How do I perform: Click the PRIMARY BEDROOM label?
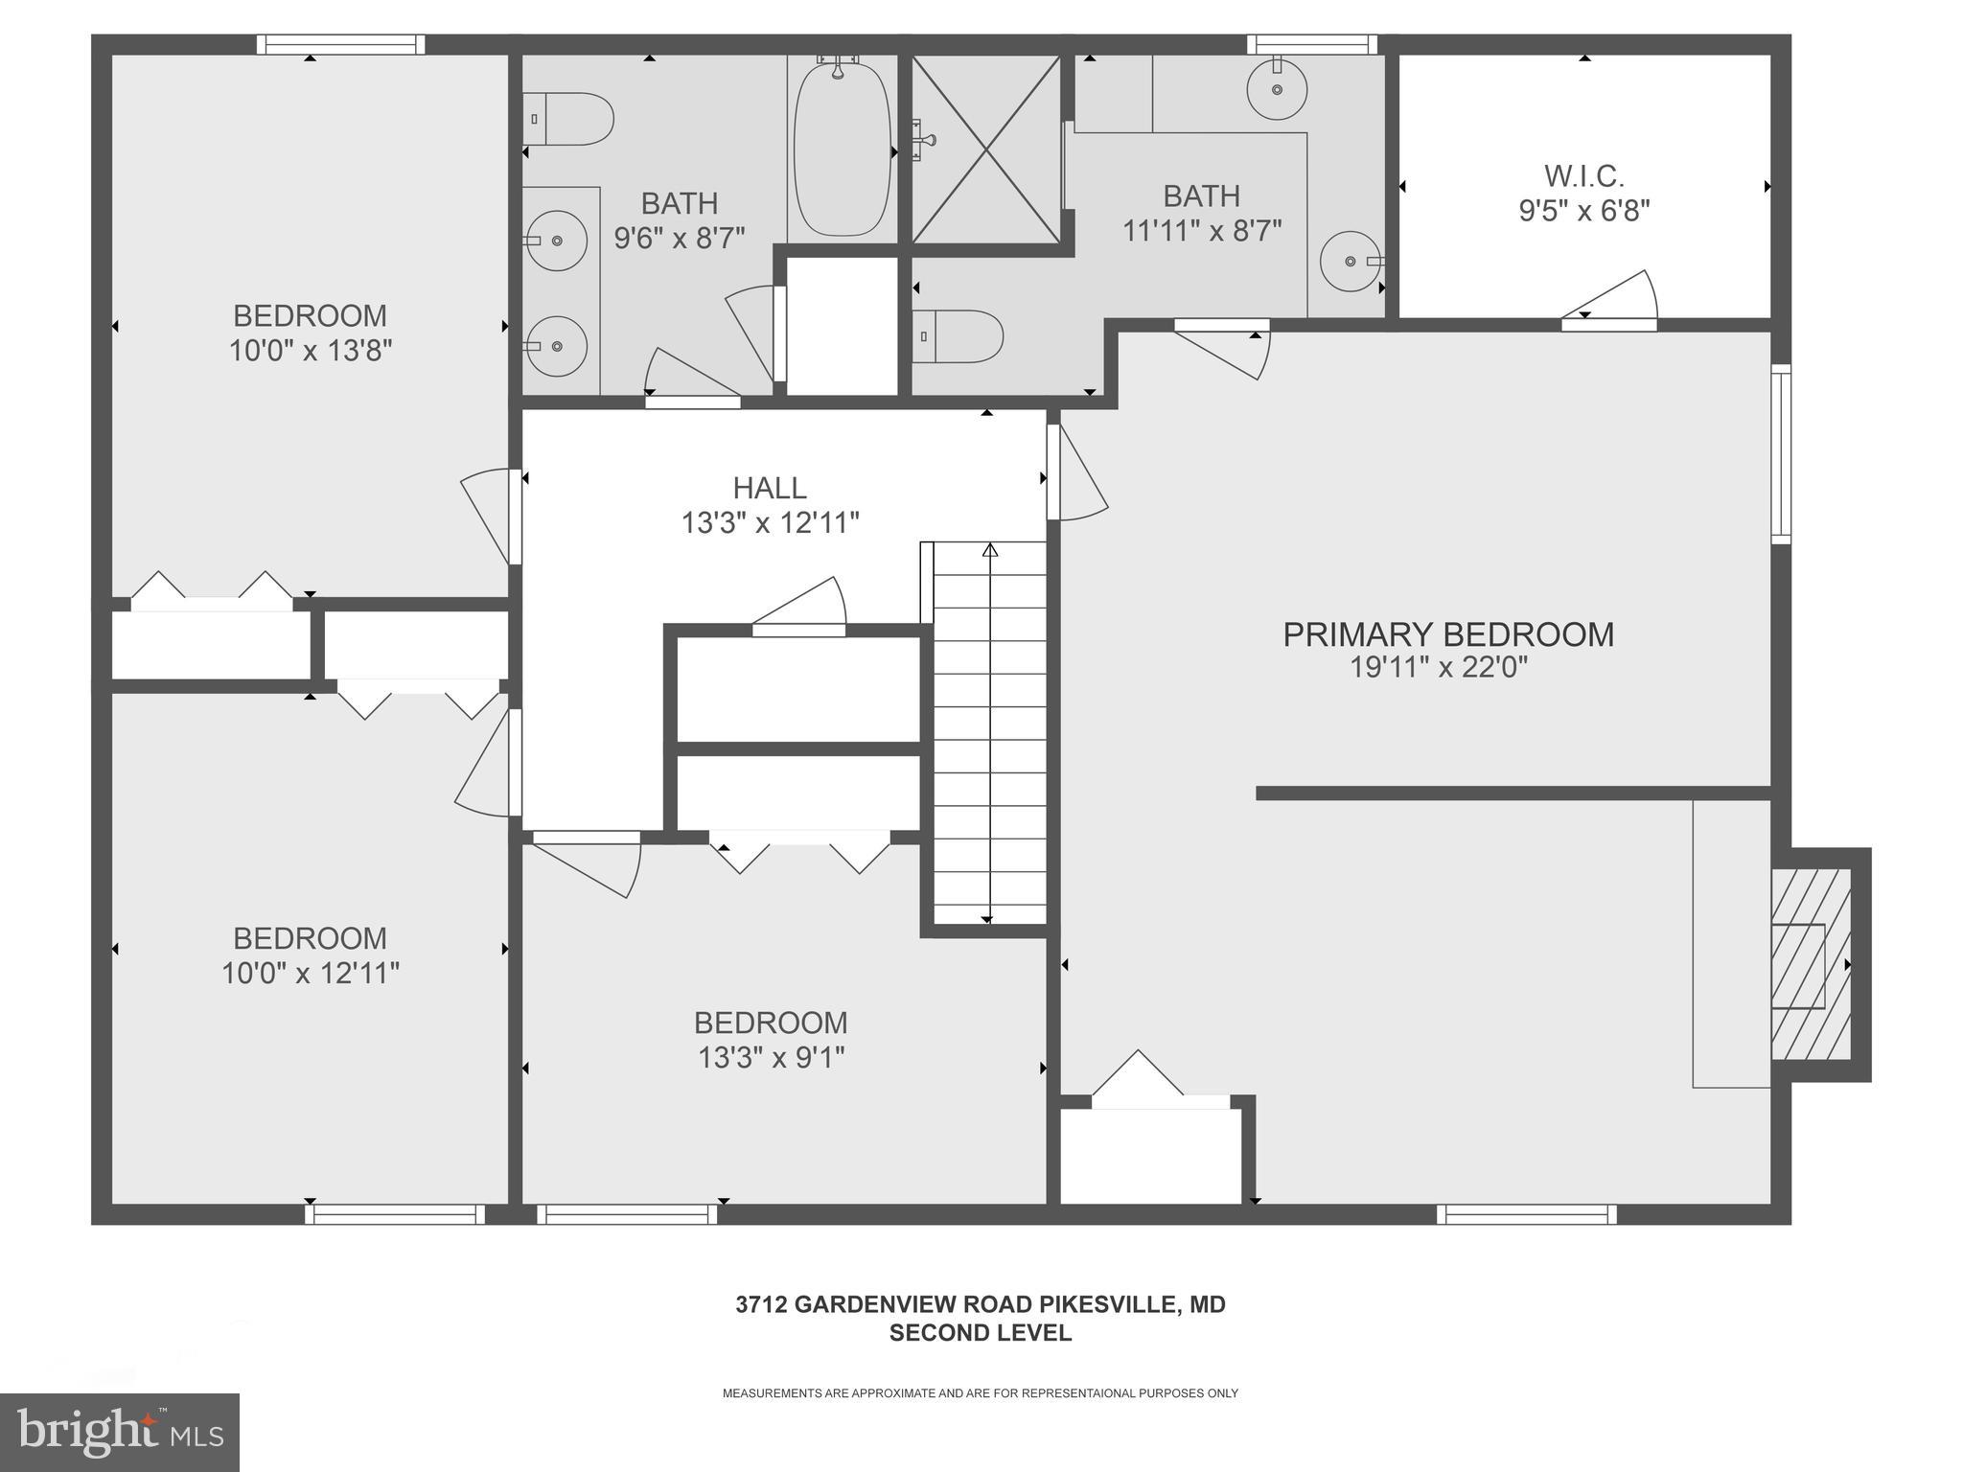[x=1447, y=634]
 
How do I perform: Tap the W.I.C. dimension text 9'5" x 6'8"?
[x=1583, y=211]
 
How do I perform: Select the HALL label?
[x=769, y=488]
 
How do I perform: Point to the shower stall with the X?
[x=986, y=149]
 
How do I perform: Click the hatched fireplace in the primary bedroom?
[x=1810, y=964]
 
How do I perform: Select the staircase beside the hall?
[x=989, y=733]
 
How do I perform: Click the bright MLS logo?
[x=119, y=1433]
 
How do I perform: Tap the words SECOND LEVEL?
[x=980, y=1333]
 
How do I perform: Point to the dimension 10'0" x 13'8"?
[x=310, y=351]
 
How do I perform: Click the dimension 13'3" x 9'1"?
[x=771, y=1058]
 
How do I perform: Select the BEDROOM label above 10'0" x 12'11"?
[x=310, y=938]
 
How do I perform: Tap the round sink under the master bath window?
[x=1277, y=89]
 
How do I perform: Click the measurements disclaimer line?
[x=980, y=1393]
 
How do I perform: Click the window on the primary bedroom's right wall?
[x=1780, y=454]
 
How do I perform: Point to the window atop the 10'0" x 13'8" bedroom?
[x=340, y=44]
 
